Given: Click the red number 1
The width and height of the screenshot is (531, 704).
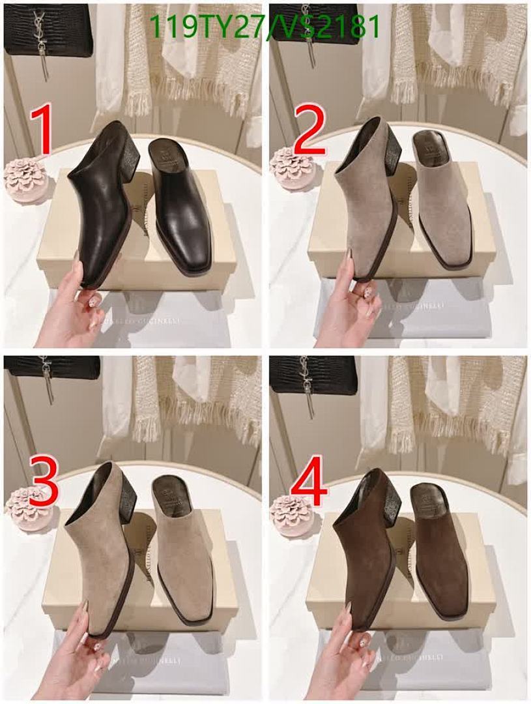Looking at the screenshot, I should point(43,132).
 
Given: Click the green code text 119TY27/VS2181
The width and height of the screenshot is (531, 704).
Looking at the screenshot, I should point(265,28).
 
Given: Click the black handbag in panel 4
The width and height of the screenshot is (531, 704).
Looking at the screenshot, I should point(313,375).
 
